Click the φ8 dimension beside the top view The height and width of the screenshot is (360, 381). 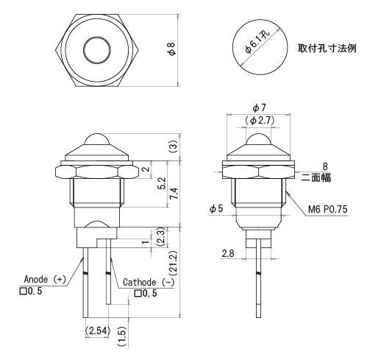point(172,49)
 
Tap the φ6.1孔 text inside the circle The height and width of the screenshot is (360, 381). point(257,42)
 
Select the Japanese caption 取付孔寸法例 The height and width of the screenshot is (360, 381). point(327,49)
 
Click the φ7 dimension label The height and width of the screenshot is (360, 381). point(259,107)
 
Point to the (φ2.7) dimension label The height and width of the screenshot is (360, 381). point(260,120)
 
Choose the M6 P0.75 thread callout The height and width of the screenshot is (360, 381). point(327,209)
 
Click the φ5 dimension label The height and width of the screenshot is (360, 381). point(216,209)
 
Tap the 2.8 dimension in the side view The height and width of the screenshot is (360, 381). point(228,253)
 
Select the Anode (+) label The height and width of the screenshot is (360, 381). point(45,279)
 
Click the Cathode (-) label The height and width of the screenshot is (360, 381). point(149,282)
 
